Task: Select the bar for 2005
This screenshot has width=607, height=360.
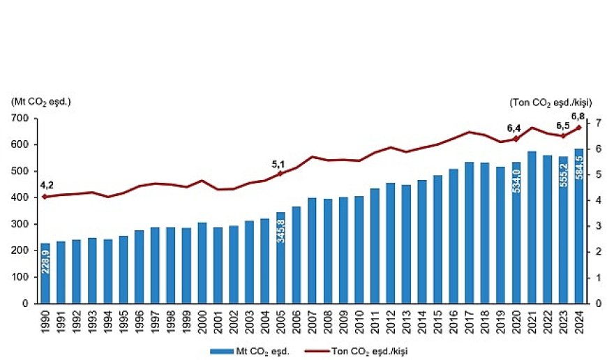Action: point(281,257)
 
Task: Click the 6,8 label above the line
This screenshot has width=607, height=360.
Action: point(578,116)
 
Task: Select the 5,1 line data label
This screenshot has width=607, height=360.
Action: point(278,164)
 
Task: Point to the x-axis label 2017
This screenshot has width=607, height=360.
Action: point(470,322)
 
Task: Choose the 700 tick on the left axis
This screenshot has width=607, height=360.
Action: point(21,119)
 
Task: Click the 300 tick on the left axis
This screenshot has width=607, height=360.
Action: point(21,225)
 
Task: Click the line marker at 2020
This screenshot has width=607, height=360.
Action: point(517,139)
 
